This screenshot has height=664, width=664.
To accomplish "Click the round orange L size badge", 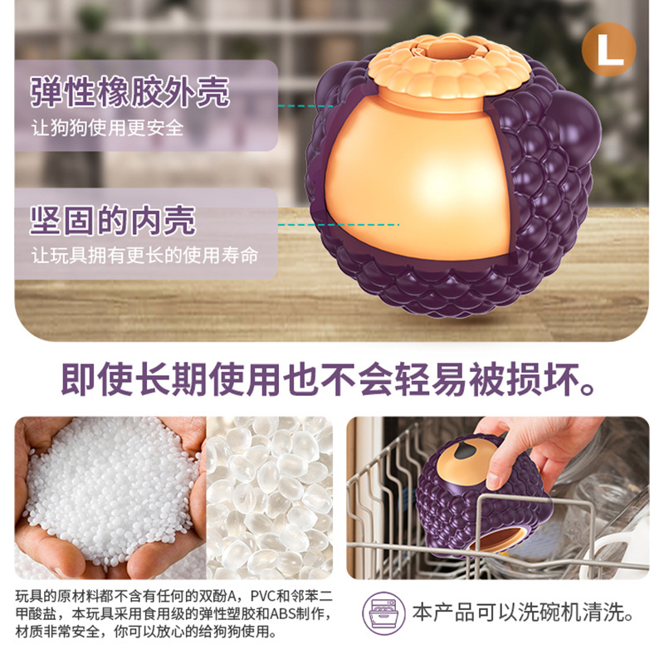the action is [x=608, y=50].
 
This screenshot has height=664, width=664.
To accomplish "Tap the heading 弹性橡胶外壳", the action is [x=130, y=92].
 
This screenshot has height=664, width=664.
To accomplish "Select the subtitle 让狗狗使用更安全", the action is [x=107, y=128].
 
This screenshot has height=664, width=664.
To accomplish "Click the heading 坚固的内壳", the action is [x=113, y=220].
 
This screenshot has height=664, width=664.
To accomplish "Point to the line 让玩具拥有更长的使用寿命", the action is [x=144, y=256].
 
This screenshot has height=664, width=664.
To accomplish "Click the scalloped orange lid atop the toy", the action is [x=449, y=66].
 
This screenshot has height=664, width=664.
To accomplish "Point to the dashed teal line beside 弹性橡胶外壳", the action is [x=305, y=106].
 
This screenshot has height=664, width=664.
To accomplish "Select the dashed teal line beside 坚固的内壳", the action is [x=339, y=225].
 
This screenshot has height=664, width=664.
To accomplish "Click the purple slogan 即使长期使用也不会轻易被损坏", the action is [x=328, y=379].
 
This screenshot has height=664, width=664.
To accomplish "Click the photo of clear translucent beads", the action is [x=269, y=498].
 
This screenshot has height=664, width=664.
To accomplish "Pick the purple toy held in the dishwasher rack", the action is [x=483, y=496].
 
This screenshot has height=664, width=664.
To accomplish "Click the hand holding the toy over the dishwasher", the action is [x=538, y=449].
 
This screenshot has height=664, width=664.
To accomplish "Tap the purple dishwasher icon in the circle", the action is [x=383, y=613].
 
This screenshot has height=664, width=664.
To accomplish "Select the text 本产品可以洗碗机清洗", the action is [x=524, y=613].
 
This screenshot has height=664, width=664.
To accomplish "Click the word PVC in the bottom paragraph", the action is [x=263, y=596].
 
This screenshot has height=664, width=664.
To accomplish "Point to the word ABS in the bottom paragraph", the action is [x=282, y=613].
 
